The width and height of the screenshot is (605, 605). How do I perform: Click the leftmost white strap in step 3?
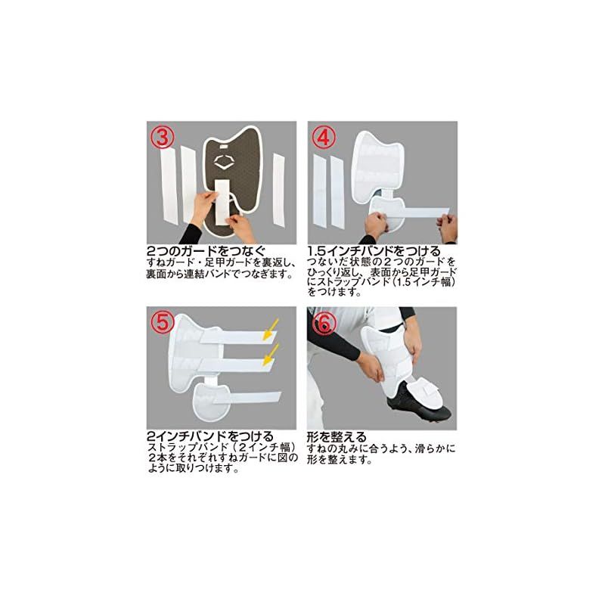point(163,191)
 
